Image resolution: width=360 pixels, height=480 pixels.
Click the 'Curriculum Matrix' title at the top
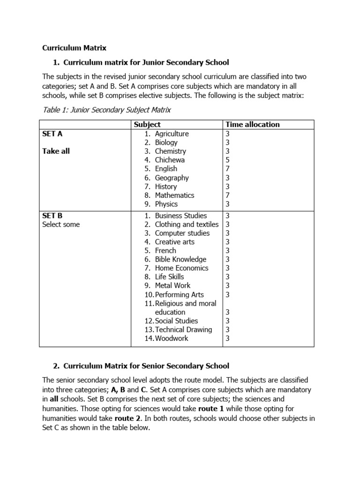[75, 48]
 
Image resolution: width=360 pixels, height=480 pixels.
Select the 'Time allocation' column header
[252, 124]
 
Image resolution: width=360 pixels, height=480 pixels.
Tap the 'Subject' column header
[147, 124]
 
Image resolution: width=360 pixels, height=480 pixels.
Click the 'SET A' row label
[52, 134]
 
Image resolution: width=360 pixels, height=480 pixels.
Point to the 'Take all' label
[56, 151]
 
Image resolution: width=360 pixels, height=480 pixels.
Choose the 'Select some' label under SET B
[61, 225]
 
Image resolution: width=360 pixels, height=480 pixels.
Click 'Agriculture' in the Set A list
[172, 134]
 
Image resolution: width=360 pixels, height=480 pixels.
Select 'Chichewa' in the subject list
[170, 160]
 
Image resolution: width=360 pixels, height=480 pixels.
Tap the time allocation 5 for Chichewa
[228, 160]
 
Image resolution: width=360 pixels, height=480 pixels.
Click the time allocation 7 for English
[228, 169]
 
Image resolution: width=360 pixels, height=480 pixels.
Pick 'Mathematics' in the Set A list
[174, 195]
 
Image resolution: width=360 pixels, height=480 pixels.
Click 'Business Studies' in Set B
[180, 216]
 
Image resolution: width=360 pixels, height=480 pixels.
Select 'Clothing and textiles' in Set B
[187, 225]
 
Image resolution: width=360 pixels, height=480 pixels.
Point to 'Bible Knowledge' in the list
[180, 259]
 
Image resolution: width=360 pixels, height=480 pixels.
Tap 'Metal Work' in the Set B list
[172, 285]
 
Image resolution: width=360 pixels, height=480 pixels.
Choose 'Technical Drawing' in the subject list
[183, 330]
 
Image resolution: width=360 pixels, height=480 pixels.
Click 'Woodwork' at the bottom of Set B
[172, 338]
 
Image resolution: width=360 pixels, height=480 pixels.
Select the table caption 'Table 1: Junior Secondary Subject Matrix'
[107, 110]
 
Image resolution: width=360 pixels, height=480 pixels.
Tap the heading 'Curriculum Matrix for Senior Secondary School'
[146, 366]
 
